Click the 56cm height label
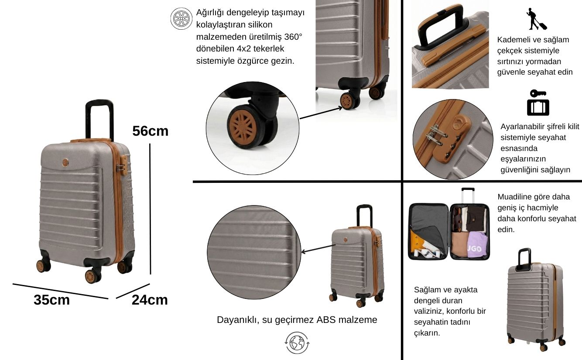[150, 131]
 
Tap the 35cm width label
[51, 300]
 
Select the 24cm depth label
[150, 300]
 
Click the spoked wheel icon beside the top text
[181, 18]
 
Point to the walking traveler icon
[536, 19]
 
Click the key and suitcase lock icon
[538, 103]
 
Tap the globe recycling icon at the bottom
[297, 343]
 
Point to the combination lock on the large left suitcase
[122, 165]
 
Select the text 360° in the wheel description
[293, 37]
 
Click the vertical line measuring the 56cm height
[150, 209]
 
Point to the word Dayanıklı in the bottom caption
[238, 320]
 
